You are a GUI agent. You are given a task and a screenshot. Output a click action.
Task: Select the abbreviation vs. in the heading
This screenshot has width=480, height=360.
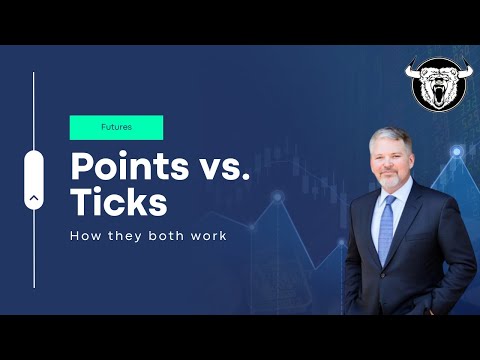226,165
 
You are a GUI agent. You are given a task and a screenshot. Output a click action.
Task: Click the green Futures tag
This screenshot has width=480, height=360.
116,128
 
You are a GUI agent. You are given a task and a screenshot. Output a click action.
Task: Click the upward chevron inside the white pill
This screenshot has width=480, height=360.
35,197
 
